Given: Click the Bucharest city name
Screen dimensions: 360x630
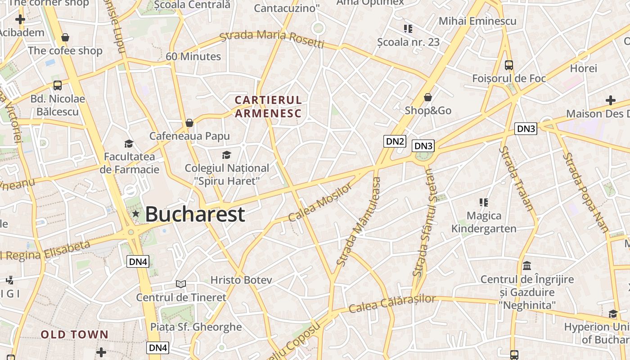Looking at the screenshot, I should coord(195,214).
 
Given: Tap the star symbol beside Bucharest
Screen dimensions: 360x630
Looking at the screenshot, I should coord(135,214).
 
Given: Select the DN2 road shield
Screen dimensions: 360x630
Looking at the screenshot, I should coord(395,141).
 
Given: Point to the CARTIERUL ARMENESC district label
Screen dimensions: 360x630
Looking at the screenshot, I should coord(268,106).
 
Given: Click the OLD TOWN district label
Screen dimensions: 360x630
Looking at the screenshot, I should coord(75,334).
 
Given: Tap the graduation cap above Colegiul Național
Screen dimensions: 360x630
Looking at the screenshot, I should coord(226,155).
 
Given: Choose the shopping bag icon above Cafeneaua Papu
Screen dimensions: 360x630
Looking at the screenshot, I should coord(189,123).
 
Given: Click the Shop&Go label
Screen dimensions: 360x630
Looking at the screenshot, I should coord(428,110).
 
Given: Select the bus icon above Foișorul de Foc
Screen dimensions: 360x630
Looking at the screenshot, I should coord(509,65).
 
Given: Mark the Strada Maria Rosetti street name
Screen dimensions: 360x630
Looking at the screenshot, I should coord(272,39).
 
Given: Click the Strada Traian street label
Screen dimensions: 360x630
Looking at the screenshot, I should coord(516,178).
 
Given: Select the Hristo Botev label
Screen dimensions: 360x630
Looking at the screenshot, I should coord(241,280).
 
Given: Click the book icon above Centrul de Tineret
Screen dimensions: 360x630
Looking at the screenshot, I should coord(181,284).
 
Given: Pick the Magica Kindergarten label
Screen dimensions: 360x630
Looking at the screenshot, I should coord(484,222).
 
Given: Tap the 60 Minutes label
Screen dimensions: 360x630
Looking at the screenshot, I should coord(193,57).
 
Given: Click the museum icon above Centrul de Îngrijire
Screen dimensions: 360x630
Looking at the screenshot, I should coord(527,265).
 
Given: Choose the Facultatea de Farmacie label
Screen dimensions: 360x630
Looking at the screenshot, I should coord(130,163).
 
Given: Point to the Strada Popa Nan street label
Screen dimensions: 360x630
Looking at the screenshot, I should coord(585,192).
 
